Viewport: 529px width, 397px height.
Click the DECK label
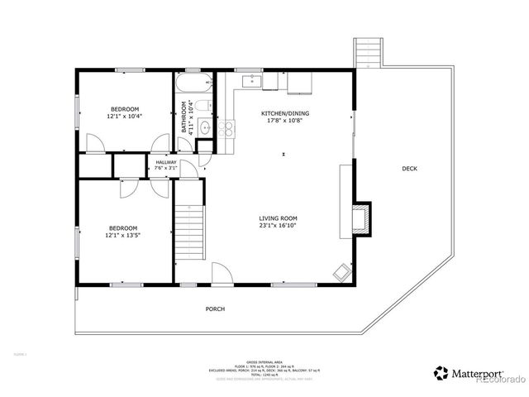click(409, 169)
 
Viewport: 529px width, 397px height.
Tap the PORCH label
click(215, 309)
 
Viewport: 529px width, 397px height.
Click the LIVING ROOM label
click(277, 218)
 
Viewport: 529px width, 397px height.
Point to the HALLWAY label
click(166, 162)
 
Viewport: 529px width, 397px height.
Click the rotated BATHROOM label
click(184, 117)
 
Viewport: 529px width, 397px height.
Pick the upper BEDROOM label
click(125, 109)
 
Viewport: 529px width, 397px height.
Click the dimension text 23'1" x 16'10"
click(277, 225)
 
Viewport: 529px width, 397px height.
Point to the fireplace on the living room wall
click(361, 219)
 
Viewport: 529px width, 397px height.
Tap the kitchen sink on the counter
click(250, 81)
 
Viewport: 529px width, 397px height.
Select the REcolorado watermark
click(498, 380)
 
